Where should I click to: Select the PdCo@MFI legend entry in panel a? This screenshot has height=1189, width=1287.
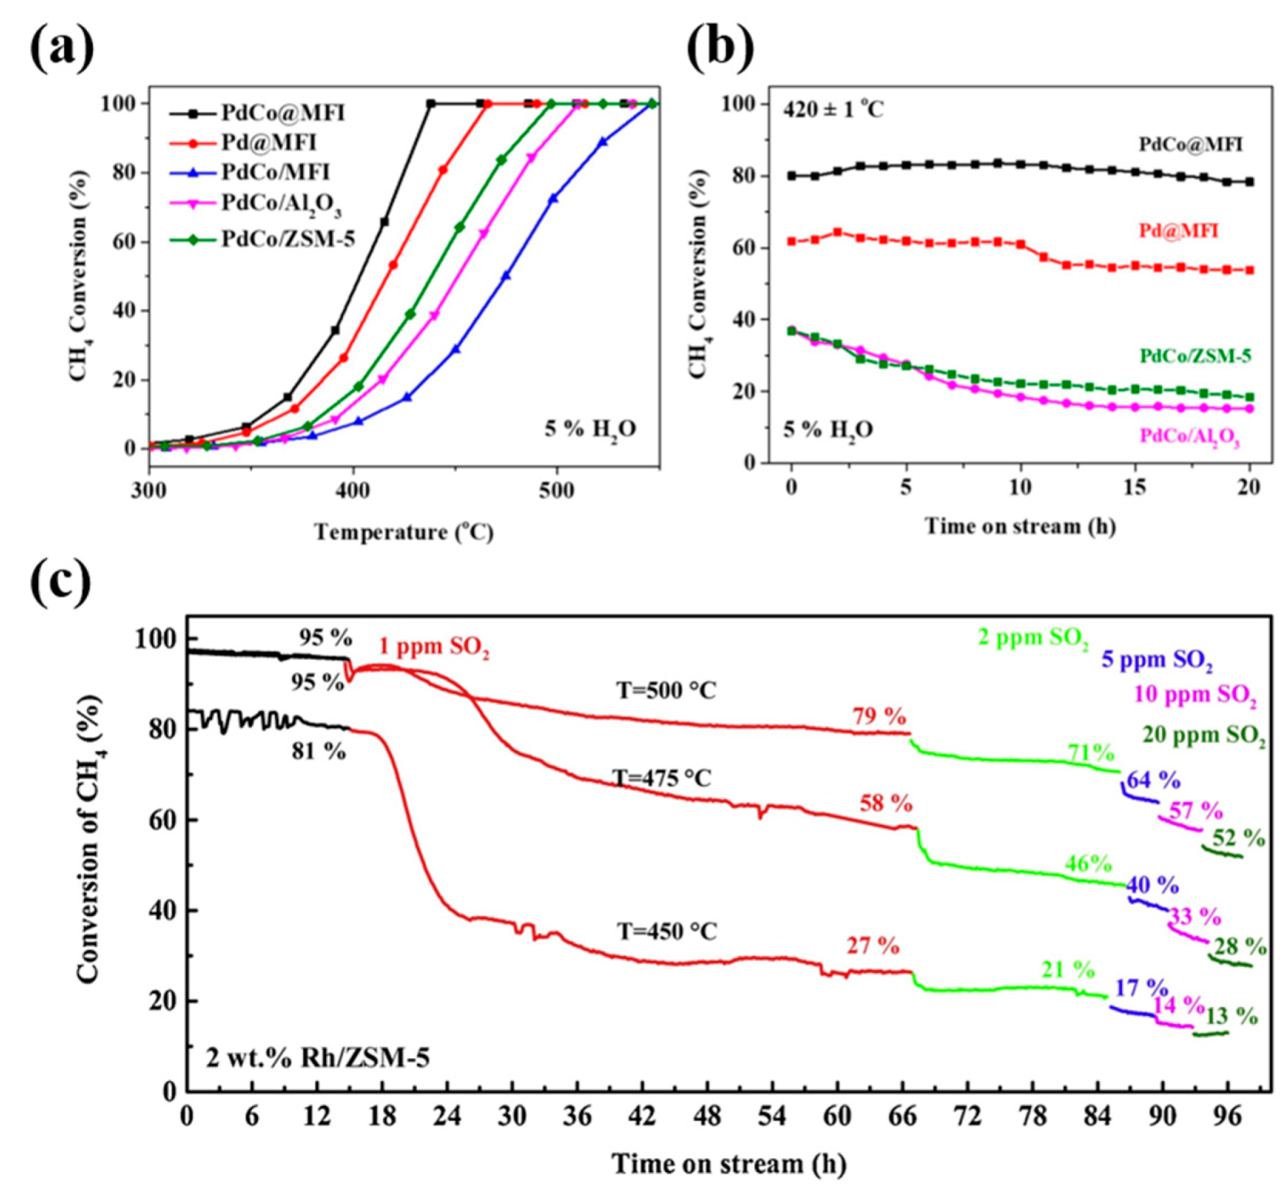tap(283, 113)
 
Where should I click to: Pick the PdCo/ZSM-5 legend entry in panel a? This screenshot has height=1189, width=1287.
tap(288, 239)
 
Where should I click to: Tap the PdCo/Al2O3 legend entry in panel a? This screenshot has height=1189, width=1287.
tap(281, 204)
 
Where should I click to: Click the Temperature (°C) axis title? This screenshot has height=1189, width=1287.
tap(404, 532)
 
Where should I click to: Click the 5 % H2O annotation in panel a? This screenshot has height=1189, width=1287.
tap(590, 429)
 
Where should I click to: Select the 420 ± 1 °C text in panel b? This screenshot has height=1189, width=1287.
tap(833, 109)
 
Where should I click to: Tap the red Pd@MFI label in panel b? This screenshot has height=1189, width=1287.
tap(1178, 232)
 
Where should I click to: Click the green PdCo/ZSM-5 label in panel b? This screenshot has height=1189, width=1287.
tap(1194, 356)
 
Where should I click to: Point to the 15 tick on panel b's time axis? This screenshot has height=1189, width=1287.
tap(1134, 487)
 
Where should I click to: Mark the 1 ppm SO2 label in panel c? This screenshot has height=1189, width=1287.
tap(433, 648)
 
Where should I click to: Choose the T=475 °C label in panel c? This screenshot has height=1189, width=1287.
tap(662, 779)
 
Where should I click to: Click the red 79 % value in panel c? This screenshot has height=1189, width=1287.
tap(878, 717)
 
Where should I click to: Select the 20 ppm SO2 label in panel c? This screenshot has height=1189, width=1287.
tap(1203, 736)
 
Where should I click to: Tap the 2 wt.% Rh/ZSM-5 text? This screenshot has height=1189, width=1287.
tap(317, 1058)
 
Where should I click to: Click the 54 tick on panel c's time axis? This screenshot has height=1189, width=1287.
tap(772, 1116)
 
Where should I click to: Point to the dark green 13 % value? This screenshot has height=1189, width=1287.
tap(1231, 1016)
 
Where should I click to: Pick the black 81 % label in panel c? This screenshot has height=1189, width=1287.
tap(319, 752)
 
